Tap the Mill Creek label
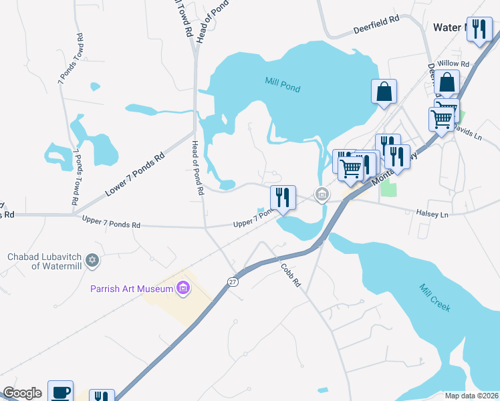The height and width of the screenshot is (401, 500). click(435, 298)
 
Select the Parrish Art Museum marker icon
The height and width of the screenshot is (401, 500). click(182, 289)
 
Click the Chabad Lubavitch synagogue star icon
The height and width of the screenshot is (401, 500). click(93, 259)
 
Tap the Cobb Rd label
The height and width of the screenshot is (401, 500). click(289, 274)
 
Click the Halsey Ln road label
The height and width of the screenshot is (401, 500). click(434, 214)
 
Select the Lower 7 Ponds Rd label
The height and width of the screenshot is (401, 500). click(134, 176)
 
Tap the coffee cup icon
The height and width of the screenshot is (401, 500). click(60, 392)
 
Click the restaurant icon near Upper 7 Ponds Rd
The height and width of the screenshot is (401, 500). click(283, 198)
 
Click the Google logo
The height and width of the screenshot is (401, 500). click(22, 393)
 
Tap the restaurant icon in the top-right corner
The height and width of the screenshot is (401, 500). click(479, 30)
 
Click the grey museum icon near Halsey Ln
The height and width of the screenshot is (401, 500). click(322, 195)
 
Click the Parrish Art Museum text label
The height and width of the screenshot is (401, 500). click(132, 289)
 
